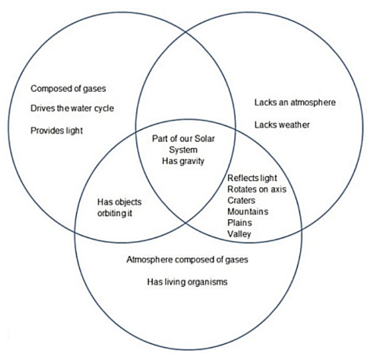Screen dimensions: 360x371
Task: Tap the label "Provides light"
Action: (x=57, y=130)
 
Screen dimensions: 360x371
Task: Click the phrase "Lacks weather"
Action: (x=281, y=124)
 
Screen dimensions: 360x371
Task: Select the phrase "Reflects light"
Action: (x=252, y=178)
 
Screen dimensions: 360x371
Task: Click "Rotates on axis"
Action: (x=256, y=189)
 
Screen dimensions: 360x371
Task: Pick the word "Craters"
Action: (x=242, y=200)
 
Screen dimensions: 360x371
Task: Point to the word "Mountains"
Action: (x=247, y=212)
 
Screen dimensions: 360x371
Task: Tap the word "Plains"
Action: (x=239, y=223)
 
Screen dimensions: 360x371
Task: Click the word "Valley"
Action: (x=239, y=234)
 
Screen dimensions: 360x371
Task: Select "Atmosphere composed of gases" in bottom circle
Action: (x=187, y=260)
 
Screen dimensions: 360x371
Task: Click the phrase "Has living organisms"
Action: (x=187, y=282)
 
